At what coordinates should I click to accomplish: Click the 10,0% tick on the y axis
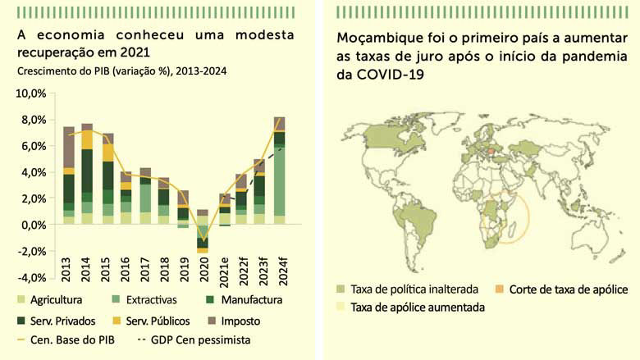coord(32,93)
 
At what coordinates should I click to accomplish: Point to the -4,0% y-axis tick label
coord(32,277)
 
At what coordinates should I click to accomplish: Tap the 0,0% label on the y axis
coord(34,225)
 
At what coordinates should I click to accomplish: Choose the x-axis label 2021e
coord(222,269)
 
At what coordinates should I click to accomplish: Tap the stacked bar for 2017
coord(144,196)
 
